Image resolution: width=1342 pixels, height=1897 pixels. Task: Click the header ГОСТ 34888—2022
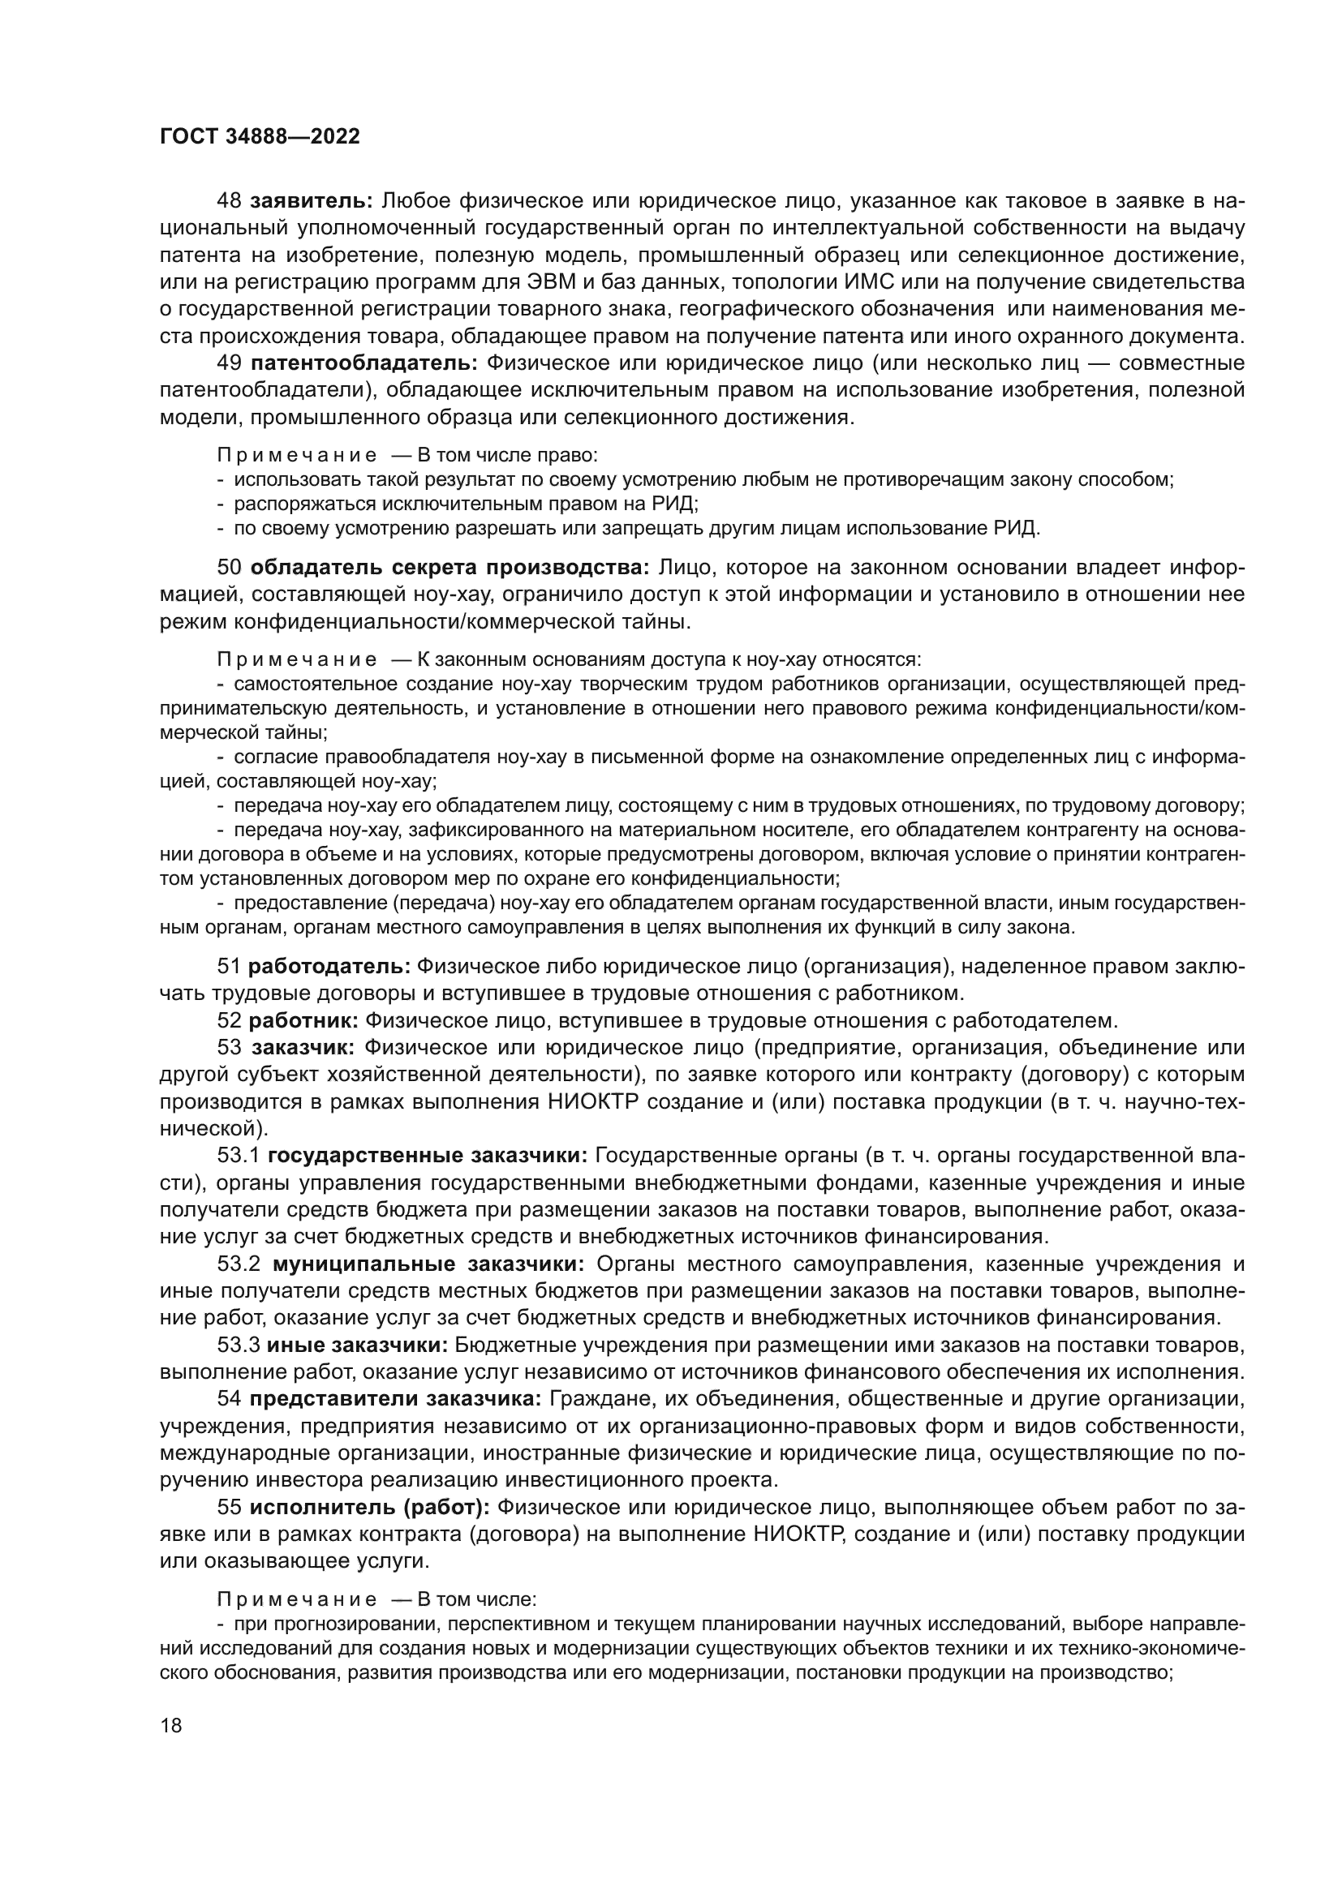coord(260,137)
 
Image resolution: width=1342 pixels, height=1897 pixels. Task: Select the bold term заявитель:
coord(312,201)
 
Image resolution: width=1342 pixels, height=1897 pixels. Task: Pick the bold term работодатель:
coord(329,966)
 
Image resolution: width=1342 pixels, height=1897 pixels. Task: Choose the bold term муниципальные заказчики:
coord(428,1264)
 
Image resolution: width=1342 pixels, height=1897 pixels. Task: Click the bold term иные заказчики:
coord(357,1345)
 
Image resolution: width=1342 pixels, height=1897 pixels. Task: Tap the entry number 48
coord(229,201)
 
